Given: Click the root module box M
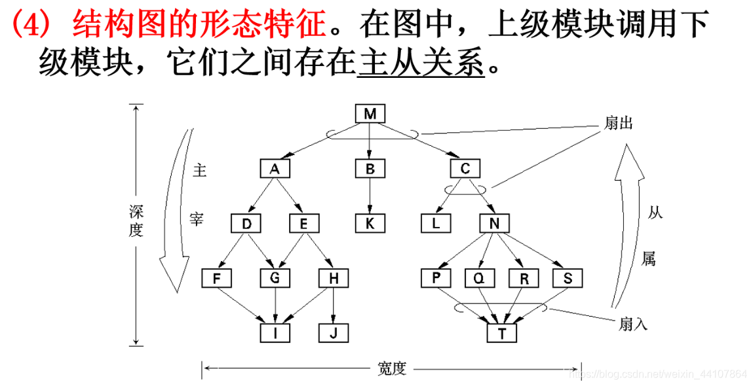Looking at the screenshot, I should point(370,114).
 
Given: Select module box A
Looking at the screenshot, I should point(275,169).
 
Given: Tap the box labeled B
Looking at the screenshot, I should point(370,169).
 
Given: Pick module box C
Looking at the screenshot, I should point(465,169).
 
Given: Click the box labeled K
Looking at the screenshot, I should point(370,224).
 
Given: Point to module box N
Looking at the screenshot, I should point(495,224).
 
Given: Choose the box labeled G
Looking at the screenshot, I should point(275,278).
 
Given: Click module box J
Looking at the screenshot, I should point(334,333).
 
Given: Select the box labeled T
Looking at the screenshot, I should point(502,333).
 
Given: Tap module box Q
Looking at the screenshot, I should point(480,278).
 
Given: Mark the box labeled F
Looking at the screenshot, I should point(216,278).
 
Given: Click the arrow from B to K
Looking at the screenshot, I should point(370,196).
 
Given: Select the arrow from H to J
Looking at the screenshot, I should point(334,306).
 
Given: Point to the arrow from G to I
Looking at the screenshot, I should point(275,306).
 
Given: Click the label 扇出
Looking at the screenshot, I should point(617,124).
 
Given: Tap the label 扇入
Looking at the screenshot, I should point(632,323).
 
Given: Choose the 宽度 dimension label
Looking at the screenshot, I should point(392,369).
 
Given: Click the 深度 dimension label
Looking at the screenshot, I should point(136,221).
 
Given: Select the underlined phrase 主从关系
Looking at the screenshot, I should point(421,63).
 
